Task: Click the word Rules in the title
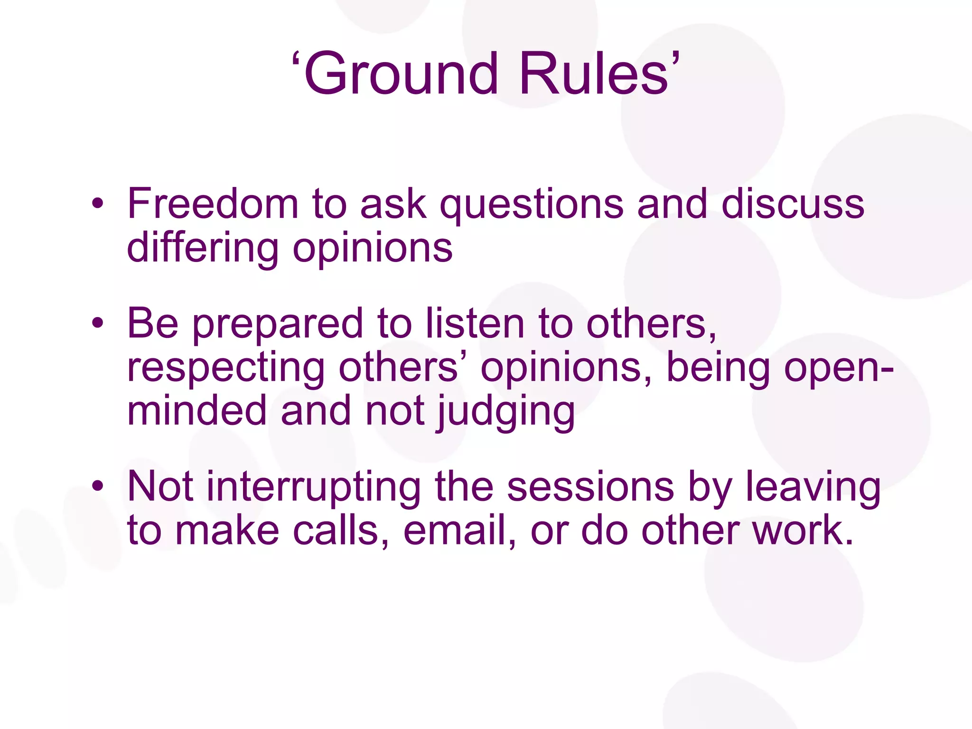point(593,74)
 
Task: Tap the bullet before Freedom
point(98,204)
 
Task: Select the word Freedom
point(213,204)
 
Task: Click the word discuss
point(793,204)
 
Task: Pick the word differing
point(203,249)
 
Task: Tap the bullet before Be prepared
point(98,324)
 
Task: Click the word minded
point(197,411)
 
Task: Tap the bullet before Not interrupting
point(98,486)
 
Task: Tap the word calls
point(342,530)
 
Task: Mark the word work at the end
point(802,530)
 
